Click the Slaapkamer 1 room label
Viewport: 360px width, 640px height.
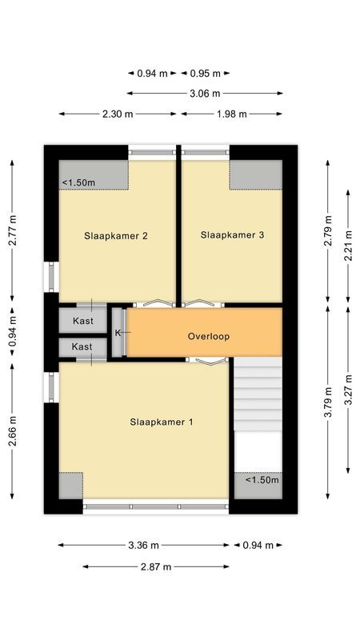click(x=161, y=422)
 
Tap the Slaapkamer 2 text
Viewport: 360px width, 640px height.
click(x=116, y=236)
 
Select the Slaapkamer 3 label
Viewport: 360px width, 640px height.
click(x=232, y=235)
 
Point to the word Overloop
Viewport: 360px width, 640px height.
click(x=209, y=336)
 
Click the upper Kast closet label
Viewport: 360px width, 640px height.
click(x=82, y=321)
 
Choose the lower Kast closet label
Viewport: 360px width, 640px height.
click(x=82, y=346)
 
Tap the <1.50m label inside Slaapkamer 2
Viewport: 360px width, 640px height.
click(x=79, y=183)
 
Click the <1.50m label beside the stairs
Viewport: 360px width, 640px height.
click(x=262, y=480)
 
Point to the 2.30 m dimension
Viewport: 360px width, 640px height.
click(x=118, y=114)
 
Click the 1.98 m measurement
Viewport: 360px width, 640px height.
click(x=232, y=114)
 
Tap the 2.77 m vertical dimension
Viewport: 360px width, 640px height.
click(x=11, y=232)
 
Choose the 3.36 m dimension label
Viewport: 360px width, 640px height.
click(x=144, y=545)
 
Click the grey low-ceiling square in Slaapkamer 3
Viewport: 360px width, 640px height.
click(x=256, y=175)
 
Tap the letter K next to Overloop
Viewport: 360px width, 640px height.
click(x=118, y=332)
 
